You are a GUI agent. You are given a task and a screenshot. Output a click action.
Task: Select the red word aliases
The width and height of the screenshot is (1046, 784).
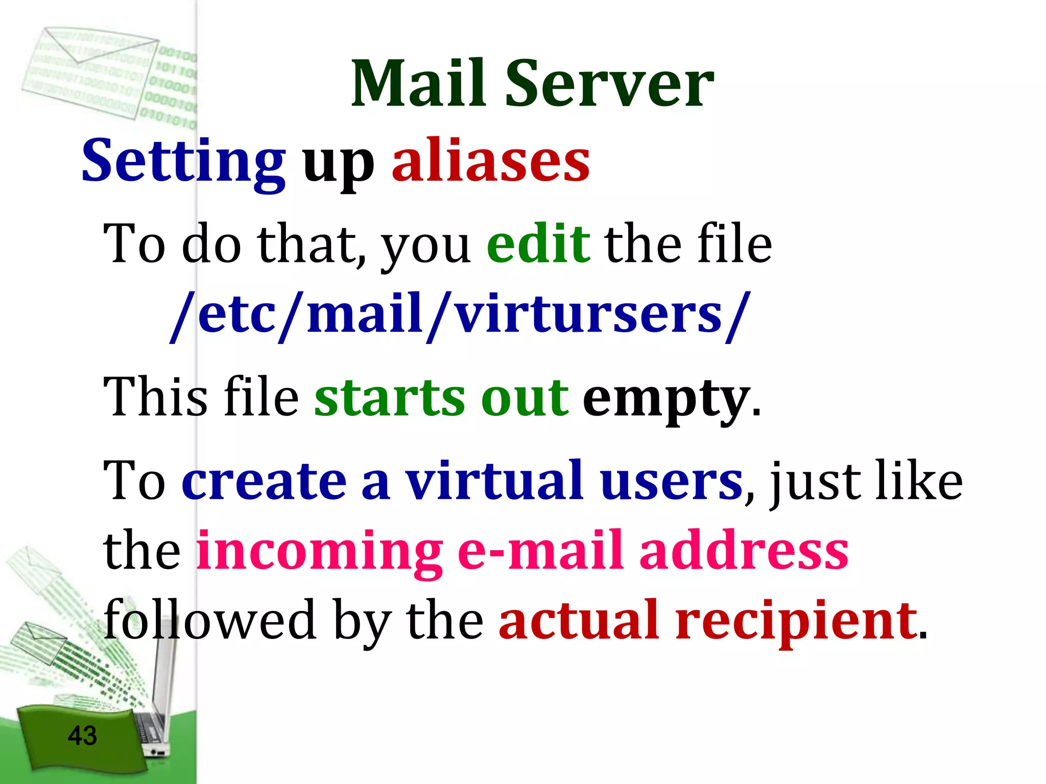coord(491,161)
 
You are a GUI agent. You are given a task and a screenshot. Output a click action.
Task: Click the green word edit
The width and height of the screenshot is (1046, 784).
coord(538,244)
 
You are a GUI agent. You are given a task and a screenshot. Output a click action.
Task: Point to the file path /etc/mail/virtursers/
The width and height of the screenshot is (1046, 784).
coord(460,314)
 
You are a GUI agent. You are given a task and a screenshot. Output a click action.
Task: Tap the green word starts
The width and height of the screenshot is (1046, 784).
coord(390,398)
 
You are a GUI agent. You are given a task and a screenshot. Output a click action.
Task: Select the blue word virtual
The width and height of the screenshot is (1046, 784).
coord(494,481)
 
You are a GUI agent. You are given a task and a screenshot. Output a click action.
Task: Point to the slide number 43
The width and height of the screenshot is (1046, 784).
coord(82,736)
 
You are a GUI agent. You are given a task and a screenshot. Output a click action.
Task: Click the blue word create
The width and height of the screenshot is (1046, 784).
coord(265,481)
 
